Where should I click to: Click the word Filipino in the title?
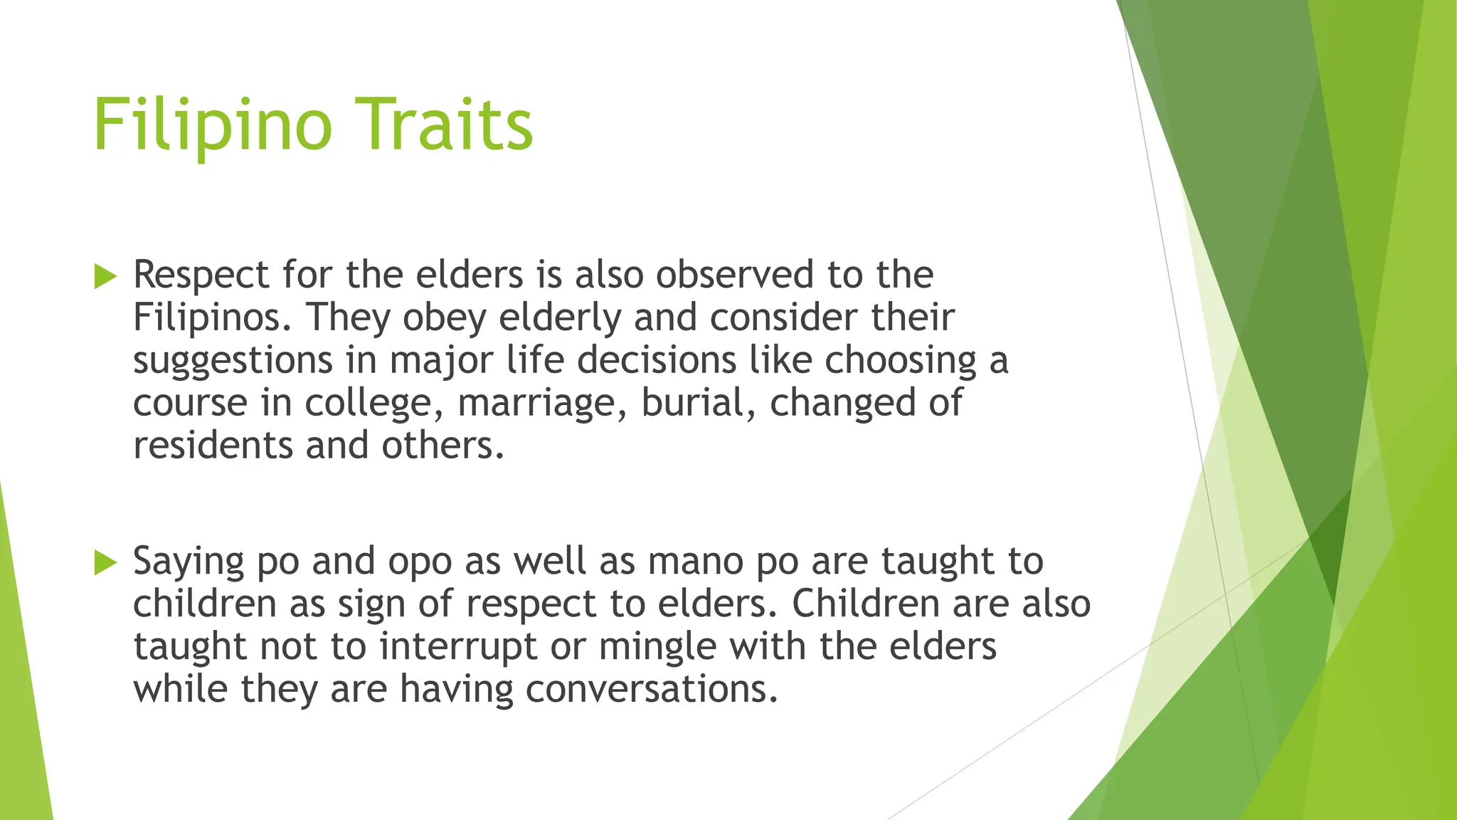[212, 125]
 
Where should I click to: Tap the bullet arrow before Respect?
[105, 276]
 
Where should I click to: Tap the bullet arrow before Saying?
[105, 562]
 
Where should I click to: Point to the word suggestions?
[233, 362]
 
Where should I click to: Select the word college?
[369, 404]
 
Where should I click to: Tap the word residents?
[212, 446]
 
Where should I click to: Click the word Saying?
[189, 562]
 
